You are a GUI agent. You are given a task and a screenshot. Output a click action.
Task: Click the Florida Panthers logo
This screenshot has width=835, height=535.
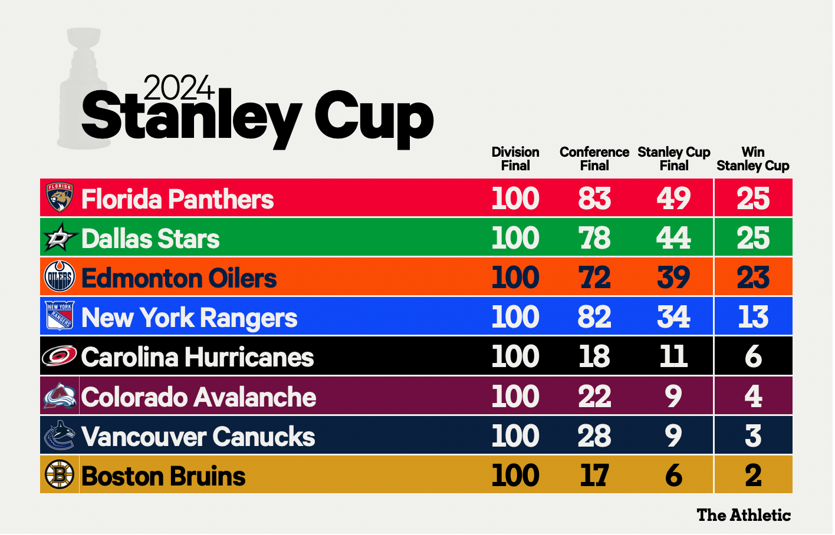(60, 197)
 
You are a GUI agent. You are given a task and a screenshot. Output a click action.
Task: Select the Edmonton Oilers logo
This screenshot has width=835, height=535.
(60, 276)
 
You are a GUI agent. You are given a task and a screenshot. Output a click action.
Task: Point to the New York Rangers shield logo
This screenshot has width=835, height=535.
(60, 316)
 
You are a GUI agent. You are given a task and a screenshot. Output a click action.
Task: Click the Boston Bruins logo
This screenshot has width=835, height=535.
(60, 475)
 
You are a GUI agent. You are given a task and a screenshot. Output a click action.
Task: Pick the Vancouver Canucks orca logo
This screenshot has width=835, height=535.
(60, 435)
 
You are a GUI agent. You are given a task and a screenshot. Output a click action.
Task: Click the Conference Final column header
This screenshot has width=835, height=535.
(595, 158)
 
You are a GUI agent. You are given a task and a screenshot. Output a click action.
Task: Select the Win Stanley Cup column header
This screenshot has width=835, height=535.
(754, 158)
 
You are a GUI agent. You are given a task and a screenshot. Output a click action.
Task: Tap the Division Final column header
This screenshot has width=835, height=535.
(515, 158)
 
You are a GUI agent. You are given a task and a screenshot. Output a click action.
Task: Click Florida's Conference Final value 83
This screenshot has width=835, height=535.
(595, 198)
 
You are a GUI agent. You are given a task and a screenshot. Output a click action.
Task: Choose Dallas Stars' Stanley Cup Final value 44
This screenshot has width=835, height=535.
(674, 238)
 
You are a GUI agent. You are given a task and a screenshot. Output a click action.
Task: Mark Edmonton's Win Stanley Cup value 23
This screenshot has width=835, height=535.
(754, 278)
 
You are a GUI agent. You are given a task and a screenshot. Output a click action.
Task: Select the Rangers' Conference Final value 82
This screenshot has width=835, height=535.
(595, 317)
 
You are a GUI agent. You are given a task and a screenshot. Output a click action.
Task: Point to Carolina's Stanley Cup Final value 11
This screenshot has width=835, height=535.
(674, 356)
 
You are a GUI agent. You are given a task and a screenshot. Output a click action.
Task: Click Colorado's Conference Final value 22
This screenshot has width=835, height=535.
(595, 397)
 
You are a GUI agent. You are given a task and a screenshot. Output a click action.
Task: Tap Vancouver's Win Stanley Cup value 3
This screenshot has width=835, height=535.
(754, 436)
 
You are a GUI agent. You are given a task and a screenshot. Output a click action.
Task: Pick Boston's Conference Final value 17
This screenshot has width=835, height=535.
(595, 475)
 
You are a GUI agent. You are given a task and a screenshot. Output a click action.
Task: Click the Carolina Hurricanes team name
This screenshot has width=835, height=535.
(198, 357)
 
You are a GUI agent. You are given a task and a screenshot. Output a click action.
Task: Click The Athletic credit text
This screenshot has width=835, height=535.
(744, 515)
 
